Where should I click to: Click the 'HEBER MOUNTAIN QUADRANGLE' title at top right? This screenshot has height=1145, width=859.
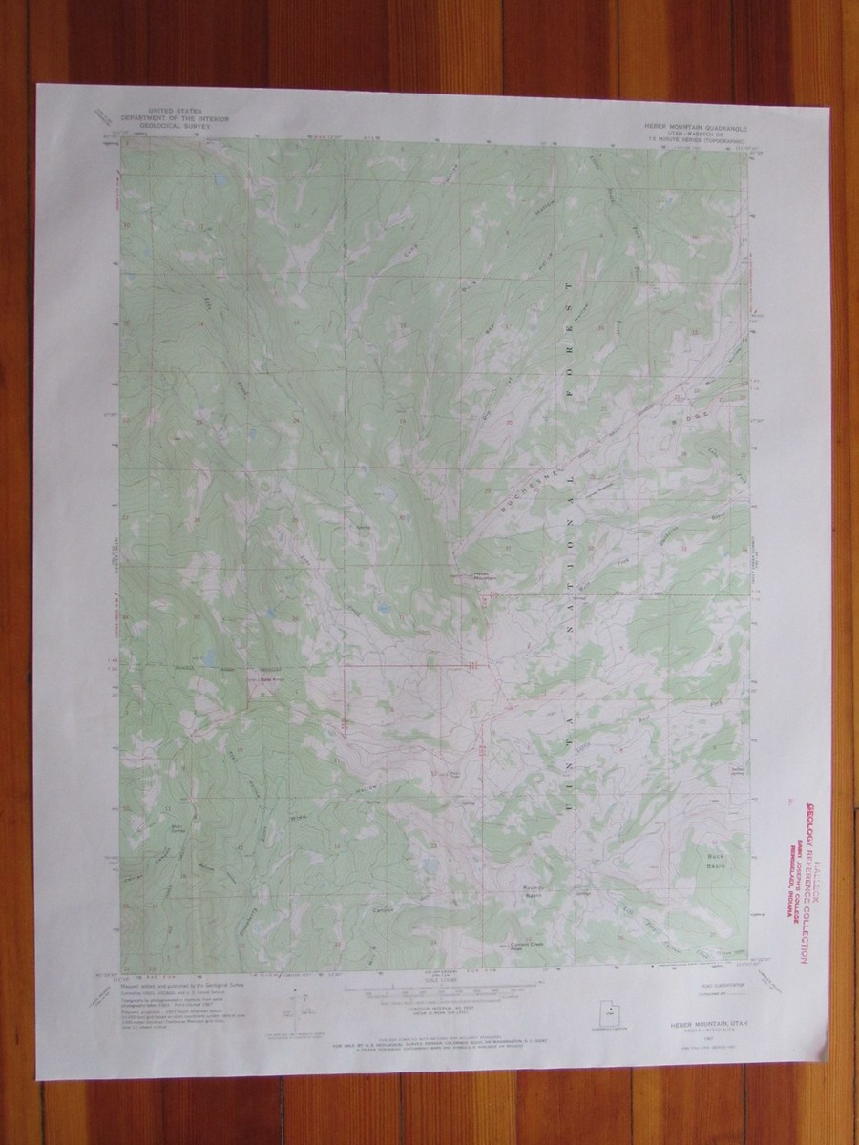pos(686,126)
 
